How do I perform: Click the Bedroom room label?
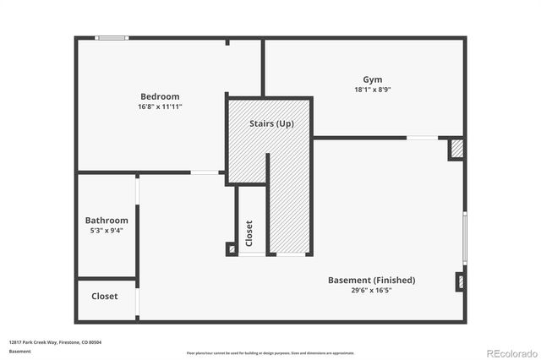[159, 96]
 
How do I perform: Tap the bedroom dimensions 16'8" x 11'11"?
[159, 107]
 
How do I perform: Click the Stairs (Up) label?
[271, 123]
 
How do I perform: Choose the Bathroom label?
[107, 220]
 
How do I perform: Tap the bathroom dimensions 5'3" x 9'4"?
[107, 230]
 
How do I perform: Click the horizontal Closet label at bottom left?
[105, 297]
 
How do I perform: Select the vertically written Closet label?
[249, 232]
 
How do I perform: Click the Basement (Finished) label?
[371, 280]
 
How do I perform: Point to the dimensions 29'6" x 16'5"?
[371, 290]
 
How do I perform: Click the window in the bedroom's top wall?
[111, 37]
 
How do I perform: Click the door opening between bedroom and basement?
[205, 172]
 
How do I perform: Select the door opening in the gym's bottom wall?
[423, 137]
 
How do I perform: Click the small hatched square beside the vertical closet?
[231, 249]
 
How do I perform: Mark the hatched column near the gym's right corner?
[456, 149]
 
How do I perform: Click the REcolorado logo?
[510, 352]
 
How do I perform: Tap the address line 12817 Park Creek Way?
[55, 342]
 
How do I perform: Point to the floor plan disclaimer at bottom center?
[270, 352]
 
